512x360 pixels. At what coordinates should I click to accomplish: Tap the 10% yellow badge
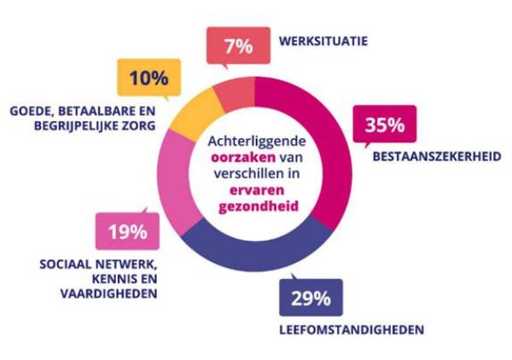149,79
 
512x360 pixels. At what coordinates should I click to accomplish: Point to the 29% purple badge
311,299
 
